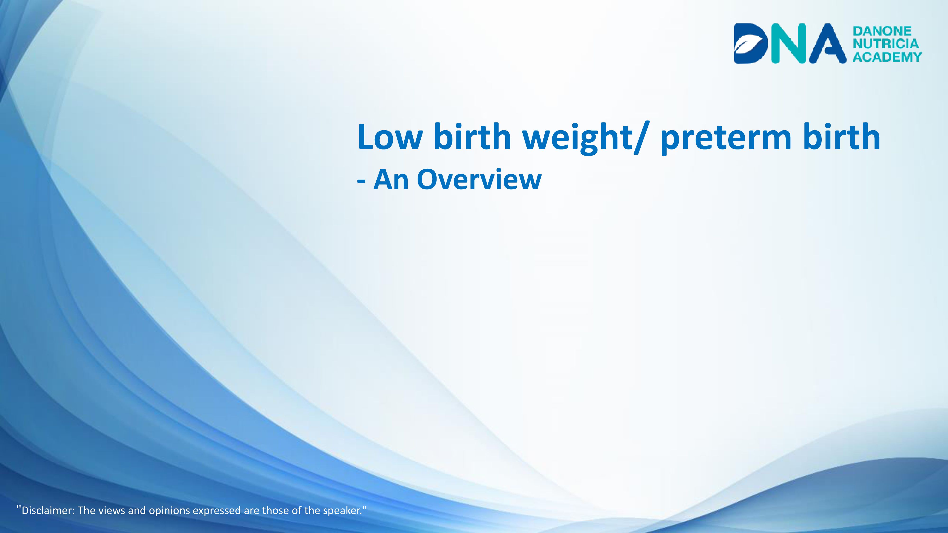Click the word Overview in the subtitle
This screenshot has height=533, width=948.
(479, 180)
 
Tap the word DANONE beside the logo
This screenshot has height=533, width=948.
(882, 31)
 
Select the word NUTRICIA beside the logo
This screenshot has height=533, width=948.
(885, 44)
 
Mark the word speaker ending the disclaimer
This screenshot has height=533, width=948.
(341, 511)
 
